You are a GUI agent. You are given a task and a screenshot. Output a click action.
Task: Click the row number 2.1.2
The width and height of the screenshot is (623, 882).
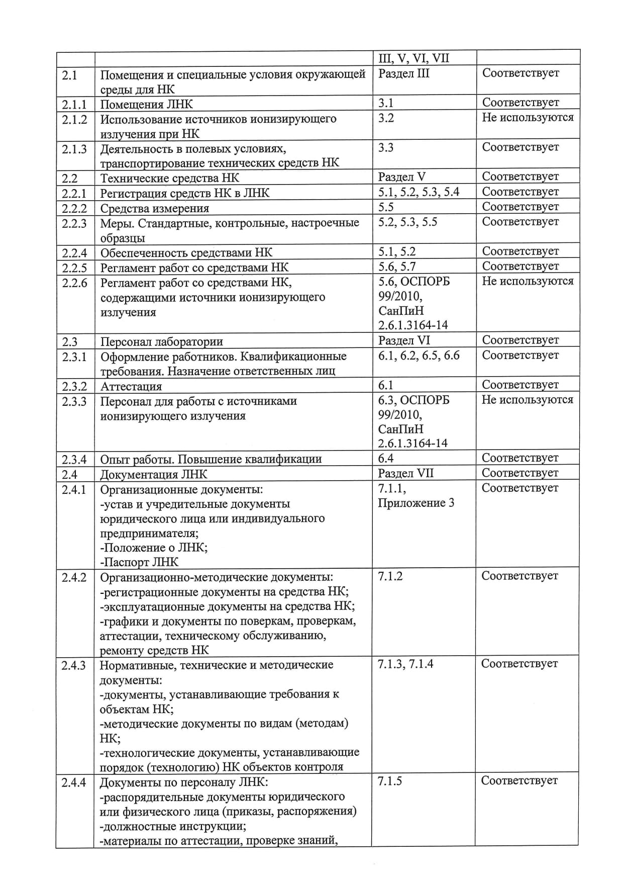click(74, 120)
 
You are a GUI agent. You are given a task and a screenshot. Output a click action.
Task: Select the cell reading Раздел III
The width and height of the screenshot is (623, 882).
click(403, 73)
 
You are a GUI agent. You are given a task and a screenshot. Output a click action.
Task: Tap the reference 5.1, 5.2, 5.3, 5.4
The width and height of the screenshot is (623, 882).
click(419, 192)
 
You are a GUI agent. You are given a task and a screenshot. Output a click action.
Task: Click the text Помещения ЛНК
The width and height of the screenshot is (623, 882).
click(146, 105)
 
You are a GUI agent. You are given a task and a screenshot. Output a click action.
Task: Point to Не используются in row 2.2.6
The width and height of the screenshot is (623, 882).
click(528, 281)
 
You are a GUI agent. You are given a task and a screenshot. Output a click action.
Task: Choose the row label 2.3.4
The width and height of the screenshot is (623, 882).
click(74, 459)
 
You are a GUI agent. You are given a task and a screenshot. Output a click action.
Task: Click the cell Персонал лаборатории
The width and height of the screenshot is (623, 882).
click(161, 342)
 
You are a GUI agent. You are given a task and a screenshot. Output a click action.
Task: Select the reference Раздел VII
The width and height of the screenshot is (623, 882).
click(405, 473)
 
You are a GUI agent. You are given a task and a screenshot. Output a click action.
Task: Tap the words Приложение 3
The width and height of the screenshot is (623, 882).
click(416, 503)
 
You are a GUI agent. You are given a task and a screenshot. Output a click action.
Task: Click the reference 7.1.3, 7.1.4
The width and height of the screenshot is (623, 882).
click(405, 664)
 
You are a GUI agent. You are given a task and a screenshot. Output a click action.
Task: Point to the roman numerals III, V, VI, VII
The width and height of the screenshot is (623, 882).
click(413, 58)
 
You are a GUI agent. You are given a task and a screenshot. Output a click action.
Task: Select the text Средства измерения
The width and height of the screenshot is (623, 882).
click(154, 208)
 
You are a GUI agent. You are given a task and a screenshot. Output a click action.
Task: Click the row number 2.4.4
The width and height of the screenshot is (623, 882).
click(74, 782)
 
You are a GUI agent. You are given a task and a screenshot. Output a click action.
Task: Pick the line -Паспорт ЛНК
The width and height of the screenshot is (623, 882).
click(139, 562)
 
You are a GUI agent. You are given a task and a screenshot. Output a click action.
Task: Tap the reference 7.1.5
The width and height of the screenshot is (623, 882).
click(390, 781)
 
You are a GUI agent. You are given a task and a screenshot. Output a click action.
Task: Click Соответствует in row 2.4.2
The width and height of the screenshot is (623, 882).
click(520, 576)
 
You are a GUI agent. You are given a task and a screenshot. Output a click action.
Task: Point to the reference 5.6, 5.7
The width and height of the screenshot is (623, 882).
click(397, 267)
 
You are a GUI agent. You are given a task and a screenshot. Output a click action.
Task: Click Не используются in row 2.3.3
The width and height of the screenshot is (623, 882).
click(527, 400)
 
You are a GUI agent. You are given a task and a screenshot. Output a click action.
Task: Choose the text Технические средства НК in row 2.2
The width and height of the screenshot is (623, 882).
click(169, 178)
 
